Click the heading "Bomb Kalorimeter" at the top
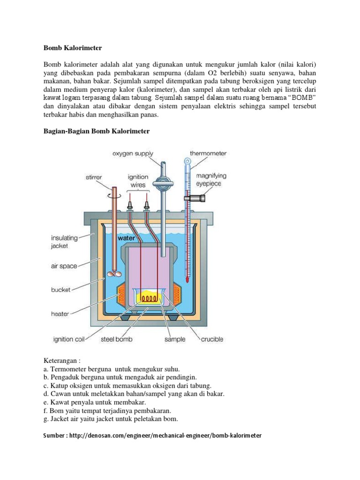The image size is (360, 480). coord(73,48)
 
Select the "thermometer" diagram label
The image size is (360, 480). coord(208,153)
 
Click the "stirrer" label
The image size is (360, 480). coord(93,178)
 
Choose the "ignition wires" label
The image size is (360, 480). coord(138,180)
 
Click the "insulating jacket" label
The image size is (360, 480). coord(65,241)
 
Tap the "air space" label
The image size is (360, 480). coord(64,266)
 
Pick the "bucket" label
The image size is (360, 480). coord(61,290)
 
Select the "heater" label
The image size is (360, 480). coord(60,314)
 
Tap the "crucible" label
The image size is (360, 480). coord(212,339)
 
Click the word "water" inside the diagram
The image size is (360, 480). coord(127,238)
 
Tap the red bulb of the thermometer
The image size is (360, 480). coord(187,280)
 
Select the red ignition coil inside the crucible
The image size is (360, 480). coord(150,298)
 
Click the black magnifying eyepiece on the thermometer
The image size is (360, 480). coord(194,198)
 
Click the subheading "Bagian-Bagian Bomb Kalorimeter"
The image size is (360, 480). coord(97,131)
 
